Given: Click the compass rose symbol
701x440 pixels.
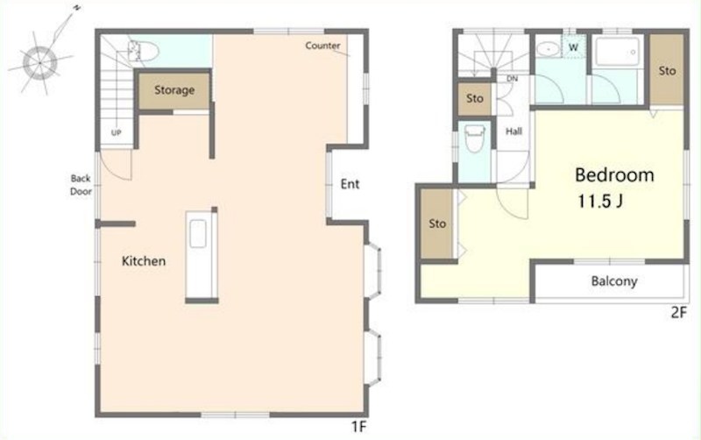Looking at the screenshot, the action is coord(40,62).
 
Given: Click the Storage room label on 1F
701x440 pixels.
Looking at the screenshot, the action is coord(174,90).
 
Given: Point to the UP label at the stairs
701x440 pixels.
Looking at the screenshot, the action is coord(117,132).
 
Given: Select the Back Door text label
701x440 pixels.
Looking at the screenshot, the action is coord(81,185).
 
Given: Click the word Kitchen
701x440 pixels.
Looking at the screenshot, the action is coord(144,260).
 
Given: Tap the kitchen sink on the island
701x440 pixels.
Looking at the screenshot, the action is coord(198,233).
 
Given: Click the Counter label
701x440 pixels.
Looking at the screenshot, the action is coord(322,46).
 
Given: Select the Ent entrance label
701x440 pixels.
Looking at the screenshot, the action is coord(350,184).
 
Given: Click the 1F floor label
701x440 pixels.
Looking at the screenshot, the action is coord(358,427).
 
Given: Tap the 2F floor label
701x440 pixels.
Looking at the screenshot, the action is coord(678,312).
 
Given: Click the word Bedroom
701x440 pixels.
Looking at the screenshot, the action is coord(614,174).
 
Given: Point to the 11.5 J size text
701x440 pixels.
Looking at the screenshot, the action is coord(599,202).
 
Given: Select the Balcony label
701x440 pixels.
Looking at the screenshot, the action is coord(614,280).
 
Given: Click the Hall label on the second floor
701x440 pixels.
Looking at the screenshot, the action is coord(513,131).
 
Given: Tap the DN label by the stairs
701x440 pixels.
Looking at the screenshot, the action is coord(513,79).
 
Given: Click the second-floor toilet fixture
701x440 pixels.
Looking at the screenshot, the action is coord(474,138).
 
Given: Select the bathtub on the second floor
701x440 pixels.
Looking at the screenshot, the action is coord(618,52).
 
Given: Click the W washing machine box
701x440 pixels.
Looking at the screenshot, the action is coord(574,46).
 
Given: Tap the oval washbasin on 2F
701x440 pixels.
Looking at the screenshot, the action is coord(549,49).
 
